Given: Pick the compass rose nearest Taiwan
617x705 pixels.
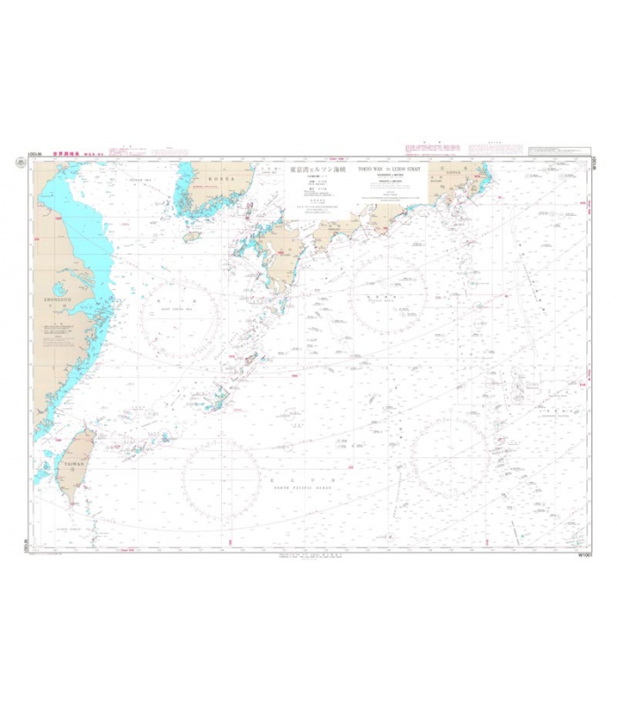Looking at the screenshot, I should tap(220, 477).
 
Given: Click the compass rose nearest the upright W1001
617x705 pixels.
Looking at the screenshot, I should tap(450, 457).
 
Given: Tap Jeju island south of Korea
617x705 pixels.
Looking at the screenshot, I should tap(191, 236).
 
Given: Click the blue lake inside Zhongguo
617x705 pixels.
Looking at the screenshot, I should tap(59, 288).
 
